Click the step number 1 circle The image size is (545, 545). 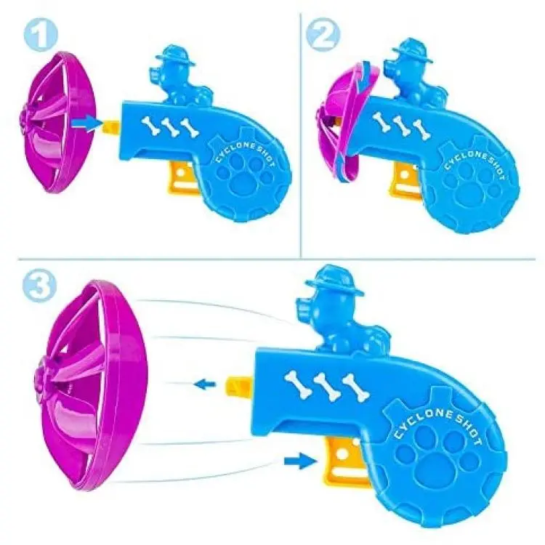click(41, 33)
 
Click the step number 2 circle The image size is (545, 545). click(323, 34)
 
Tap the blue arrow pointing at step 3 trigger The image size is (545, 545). click(300, 461)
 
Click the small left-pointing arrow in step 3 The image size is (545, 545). click(205, 384)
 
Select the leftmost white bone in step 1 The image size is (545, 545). click(150, 125)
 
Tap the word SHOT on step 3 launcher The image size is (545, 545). click(469, 429)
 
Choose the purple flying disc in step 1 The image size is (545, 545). click(57, 122)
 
